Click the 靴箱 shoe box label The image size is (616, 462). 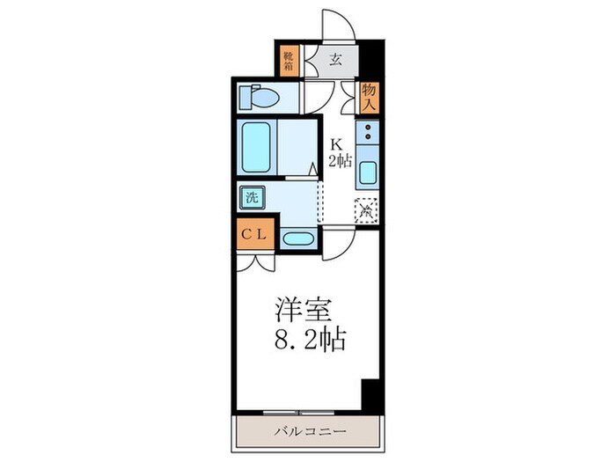[288, 61]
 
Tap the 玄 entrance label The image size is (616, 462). [336, 61]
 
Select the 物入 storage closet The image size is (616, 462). [368, 94]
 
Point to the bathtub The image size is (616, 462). [256, 145]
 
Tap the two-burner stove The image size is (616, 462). [367, 134]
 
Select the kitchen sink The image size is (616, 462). [367, 172]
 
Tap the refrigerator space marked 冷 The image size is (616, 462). [366, 209]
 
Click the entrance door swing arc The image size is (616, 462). [339, 22]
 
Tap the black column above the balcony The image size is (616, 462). [370, 392]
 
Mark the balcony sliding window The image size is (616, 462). [299, 411]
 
